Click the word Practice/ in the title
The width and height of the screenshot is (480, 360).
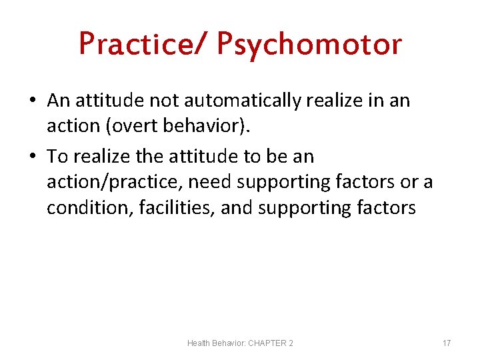[143, 44]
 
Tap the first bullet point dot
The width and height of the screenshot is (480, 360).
[33, 101]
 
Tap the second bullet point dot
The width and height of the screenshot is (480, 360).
[33, 157]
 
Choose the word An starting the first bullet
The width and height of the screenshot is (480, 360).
[58, 101]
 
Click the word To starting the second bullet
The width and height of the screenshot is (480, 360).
[57, 157]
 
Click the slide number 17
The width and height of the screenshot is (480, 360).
[447, 343]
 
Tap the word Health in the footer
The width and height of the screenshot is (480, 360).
[199, 343]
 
